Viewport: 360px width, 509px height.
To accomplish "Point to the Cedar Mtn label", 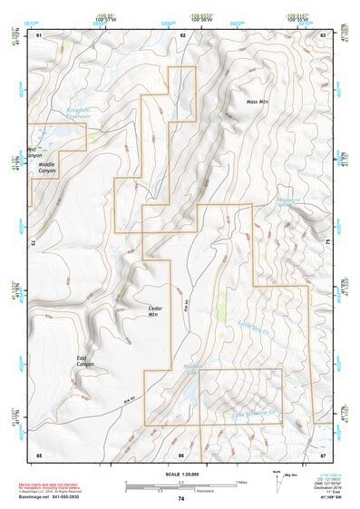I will (x=154, y=311).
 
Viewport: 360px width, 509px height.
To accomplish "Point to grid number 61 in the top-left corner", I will (x=40, y=34).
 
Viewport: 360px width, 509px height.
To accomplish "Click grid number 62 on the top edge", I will (x=183, y=34).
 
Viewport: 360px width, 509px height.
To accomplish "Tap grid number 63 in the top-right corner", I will (x=323, y=34).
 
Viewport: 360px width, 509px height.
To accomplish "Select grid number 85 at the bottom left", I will (x=39, y=454).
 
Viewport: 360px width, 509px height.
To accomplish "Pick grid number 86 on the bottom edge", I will (x=181, y=454).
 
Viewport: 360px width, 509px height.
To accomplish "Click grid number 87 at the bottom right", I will (x=323, y=454).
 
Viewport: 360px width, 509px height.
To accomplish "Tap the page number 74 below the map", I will (x=181, y=498).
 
